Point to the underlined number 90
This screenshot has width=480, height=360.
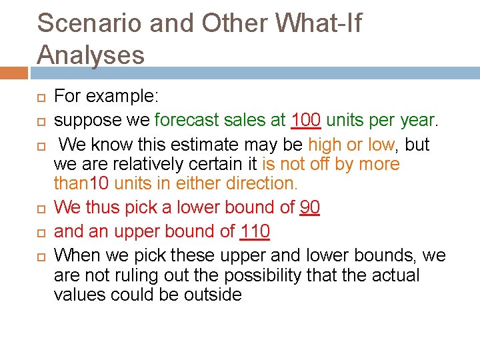(x=310, y=207)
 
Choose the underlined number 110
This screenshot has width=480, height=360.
(x=255, y=231)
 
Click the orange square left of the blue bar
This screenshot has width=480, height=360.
(x=13, y=73)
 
